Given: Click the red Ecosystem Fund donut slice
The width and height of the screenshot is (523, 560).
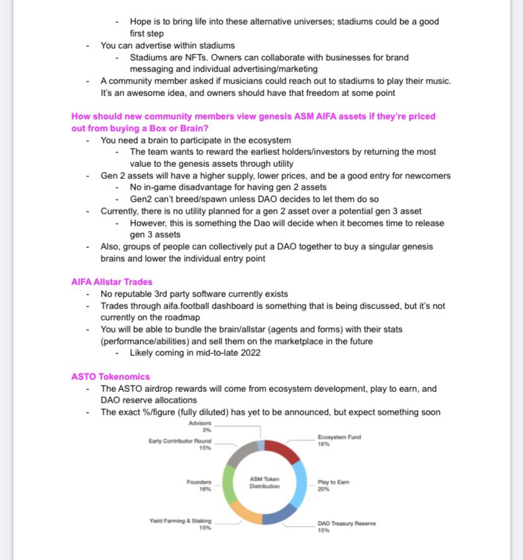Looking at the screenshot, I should [x=283, y=451].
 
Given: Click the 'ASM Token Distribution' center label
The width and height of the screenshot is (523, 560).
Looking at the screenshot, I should [x=264, y=482].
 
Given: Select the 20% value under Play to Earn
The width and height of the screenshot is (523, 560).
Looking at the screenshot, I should [x=324, y=489].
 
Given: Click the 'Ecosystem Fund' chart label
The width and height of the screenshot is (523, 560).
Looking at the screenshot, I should [x=338, y=437].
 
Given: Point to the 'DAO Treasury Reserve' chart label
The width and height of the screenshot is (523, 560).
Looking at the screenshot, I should [x=346, y=524].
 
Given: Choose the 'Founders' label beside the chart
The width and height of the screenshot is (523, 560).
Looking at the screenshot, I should [x=199, y=482].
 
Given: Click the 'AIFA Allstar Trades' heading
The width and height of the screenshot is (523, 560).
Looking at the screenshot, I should [x=112, y=282].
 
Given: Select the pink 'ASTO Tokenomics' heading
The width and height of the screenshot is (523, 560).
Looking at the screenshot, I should [x=111, y=377].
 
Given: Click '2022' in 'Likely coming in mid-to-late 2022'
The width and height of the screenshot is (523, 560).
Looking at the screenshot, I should [x=247, y=353].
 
